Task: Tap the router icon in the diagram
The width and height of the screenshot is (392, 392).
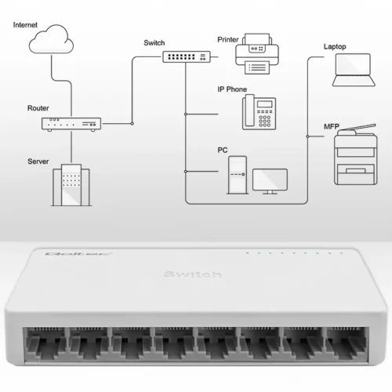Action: click(x=71, y=123)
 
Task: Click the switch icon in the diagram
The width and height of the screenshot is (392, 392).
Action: click(x=187, y=56)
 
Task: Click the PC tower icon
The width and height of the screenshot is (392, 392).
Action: click(x=236, y=175)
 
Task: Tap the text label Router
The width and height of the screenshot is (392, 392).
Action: click(x=38, y=107)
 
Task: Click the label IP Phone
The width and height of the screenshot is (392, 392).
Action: click(x=232, y=89)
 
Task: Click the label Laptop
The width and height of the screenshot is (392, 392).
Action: click(x=336, y=46)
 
